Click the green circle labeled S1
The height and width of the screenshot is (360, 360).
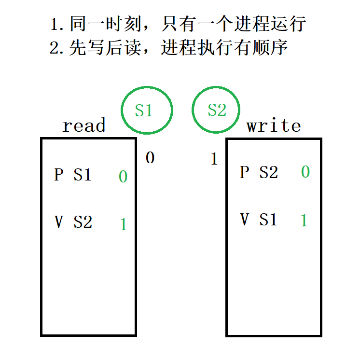tap(146, 110)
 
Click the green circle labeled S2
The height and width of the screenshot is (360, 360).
tap(216, 110)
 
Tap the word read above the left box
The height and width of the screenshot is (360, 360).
tap(84, 126)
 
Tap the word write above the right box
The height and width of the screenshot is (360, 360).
tap(274, 126)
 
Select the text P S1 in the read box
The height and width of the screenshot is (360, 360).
tap(73, 174)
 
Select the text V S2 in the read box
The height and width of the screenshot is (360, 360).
tap(73, 222)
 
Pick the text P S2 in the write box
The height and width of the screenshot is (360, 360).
tap(259, 172)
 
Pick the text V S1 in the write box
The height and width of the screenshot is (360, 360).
tap(259, 220)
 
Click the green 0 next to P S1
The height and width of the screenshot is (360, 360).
tap(123, 177)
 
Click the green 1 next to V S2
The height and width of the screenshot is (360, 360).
tap(124, 224)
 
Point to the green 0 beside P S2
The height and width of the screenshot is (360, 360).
tap(305, 172)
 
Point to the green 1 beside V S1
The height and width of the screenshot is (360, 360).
tap(304, 221)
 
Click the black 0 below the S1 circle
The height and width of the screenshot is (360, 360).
tap(150, 158)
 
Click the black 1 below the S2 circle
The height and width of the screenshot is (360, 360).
tap(214, 159)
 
